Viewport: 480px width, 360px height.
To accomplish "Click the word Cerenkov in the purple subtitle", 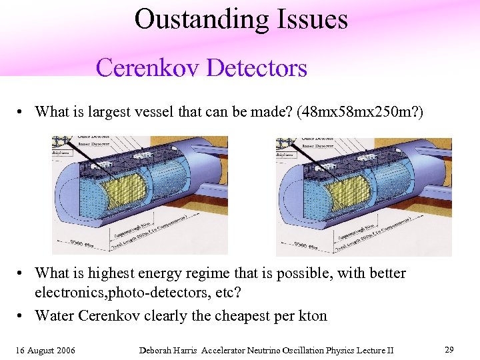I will click(148, 68).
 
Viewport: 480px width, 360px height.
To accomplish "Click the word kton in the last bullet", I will click(311, 315).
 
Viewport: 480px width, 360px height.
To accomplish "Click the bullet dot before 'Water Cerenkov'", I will click(22, 316).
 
